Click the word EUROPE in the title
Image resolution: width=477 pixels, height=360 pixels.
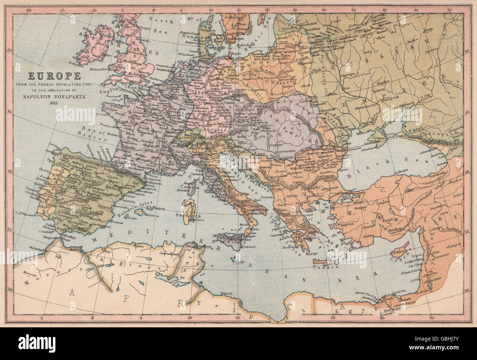pyautogui.click(x=48, y=77)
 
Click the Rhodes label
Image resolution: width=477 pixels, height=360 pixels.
pyautogui.click(x=358, y=248)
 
